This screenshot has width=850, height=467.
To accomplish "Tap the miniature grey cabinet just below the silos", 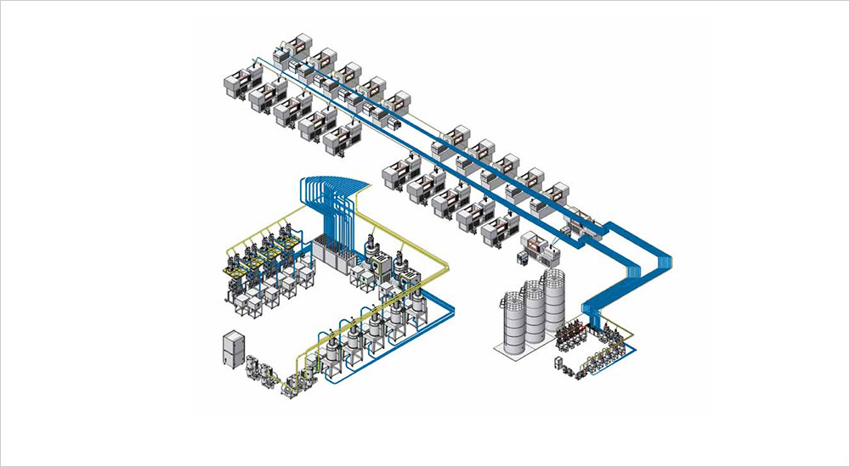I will pyautogui.click(x=558, y=365).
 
